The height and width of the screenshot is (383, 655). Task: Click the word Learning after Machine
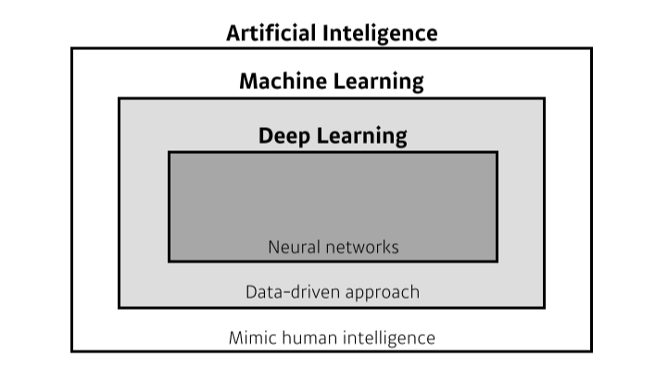coord(377,82)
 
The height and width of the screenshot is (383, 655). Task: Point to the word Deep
coord(284,136)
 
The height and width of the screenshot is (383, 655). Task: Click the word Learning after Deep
coord(362,136)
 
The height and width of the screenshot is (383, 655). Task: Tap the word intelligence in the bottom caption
coord(388,338)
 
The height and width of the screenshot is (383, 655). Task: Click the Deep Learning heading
coord(332,136)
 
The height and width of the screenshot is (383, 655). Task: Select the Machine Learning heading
coord(331,82)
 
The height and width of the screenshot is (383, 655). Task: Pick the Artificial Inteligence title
coord(332,33)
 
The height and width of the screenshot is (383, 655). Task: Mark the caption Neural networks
coord(333,247)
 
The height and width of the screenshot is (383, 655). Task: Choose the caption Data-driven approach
coord(332,292)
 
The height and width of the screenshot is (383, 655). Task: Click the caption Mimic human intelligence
coord(332,337)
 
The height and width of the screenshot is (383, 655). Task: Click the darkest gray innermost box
coord(332,195)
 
